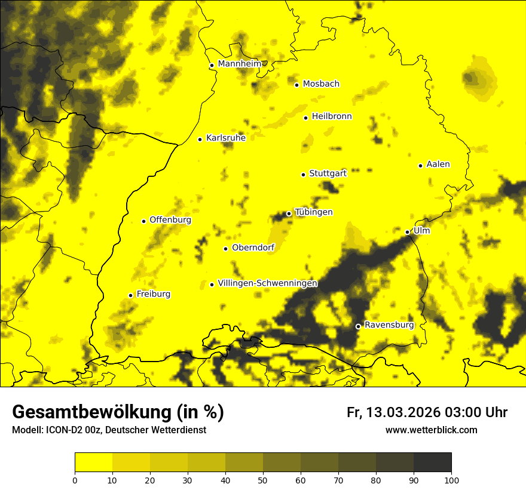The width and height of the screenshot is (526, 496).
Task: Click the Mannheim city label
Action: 240,64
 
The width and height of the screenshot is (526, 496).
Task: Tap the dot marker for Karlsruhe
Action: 200,139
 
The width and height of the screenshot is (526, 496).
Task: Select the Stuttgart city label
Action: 328,173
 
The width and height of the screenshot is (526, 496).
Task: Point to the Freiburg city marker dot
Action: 130,295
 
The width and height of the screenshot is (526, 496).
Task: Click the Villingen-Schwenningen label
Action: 267,283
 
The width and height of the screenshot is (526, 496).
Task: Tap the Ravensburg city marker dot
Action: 358,326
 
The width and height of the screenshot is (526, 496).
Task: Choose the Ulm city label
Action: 421,231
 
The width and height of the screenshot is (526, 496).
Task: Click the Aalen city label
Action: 438,164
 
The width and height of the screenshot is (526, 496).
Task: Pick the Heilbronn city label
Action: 332,117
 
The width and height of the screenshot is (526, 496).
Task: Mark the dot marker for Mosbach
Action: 296,85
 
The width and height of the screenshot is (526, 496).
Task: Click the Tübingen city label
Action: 314,212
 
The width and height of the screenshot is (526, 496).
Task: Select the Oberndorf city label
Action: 253,248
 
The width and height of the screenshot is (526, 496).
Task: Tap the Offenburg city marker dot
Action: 143,221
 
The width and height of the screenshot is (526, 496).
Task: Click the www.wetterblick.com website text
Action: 431,430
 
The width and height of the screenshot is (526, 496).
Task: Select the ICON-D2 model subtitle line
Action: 109,430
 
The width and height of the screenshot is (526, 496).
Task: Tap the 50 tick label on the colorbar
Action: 263,479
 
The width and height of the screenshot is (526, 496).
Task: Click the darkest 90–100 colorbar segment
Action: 432,463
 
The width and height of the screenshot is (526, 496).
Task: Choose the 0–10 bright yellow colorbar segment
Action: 93,463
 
